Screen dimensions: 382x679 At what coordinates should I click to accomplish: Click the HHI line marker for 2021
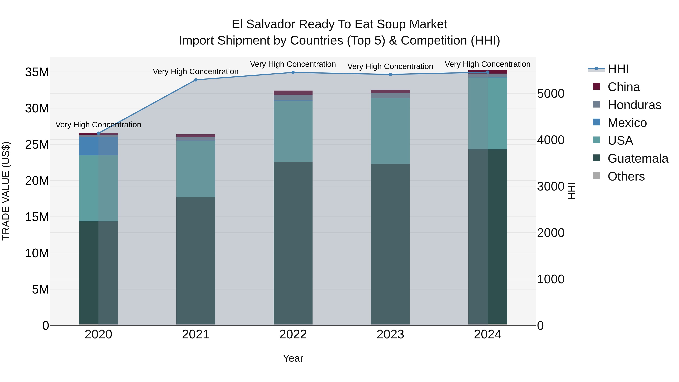tap(196, 80)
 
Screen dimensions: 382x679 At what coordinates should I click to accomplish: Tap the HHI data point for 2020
tap(99, 133)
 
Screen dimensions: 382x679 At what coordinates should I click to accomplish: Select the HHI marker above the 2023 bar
tap(390, 75)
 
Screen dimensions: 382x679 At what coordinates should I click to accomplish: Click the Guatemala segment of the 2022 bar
tap(293, 243)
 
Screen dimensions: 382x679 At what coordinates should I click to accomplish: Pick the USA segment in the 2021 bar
tap(196, 169)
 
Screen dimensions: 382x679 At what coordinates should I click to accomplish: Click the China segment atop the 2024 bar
tap(488, 71)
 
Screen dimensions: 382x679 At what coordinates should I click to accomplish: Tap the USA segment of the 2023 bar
tap(390, 131)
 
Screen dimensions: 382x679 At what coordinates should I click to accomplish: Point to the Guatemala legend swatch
tap(596, 158)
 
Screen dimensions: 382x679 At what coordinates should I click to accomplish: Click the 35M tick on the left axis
tap(37, 72)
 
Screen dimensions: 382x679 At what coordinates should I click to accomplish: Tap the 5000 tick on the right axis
tap(551, 94)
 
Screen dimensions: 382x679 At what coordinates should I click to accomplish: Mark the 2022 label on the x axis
tap(293, 334)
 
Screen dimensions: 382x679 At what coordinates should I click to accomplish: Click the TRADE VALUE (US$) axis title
tap(6, 191)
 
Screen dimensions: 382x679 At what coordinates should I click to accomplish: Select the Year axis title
tap(293, 358)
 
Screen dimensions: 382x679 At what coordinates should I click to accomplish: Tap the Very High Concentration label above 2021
tap(196, 71)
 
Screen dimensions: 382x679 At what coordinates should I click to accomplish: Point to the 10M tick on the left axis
tap(37, 253)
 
